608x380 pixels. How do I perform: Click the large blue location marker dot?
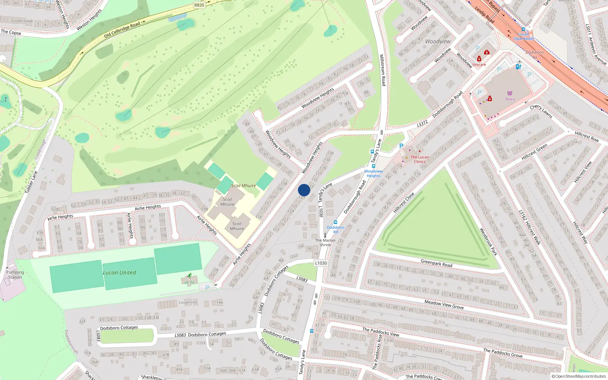point(304,190)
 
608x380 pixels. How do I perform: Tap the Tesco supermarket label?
point(510,99)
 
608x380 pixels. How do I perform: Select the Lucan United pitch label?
point(119,272)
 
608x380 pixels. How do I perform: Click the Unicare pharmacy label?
point(479,65)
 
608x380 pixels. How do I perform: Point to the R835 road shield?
point(199,5)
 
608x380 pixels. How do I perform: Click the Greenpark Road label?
point(436,263)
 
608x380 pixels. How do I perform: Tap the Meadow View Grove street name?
point(444,304)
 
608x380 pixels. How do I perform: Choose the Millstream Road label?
point(383,70)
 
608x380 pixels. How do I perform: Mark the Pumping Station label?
point(15,275)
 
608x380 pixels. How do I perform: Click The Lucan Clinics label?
point(420,159)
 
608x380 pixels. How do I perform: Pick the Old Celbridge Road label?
point(122,30)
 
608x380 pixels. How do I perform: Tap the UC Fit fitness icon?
point(189,276)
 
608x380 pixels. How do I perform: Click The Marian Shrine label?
point(325,242)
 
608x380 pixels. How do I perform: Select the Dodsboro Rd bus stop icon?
point(335,222)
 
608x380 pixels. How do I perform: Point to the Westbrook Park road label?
point(488,242)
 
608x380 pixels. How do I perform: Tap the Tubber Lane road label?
point(31,182)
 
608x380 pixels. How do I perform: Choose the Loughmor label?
point(188,302)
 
